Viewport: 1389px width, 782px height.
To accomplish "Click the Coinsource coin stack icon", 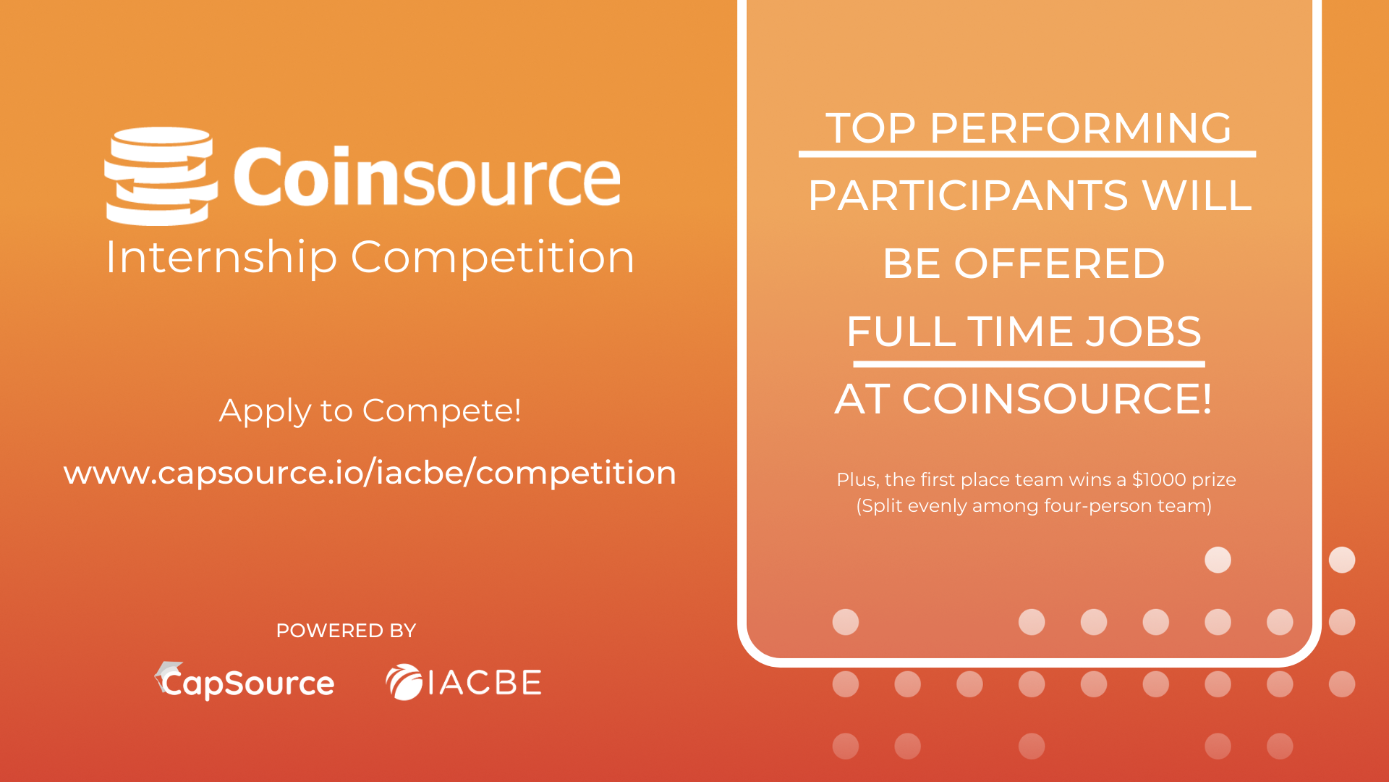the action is click(x=161, y=176).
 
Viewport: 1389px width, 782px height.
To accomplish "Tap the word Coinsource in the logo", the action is click(x=427, y=176).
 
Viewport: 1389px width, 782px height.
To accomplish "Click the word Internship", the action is click(x=221, y=258).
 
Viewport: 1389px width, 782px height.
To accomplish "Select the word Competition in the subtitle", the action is click(x=493, y=258).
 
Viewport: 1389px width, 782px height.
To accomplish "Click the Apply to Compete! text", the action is click(x=370, y=411).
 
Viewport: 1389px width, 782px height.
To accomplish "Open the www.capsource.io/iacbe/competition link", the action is click(x=370, y=473).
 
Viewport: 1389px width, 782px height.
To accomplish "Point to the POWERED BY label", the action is click(x=346, y=631).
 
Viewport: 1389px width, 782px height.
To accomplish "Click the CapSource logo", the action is click(x=245, y=681).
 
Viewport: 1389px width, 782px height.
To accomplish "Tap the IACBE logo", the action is click(x=464, y=682).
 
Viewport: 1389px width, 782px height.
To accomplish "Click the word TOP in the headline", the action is click(x=871, y=128).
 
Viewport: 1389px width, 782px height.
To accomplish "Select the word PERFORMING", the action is click(x=1080, y=128).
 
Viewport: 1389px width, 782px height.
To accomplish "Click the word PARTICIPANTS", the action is click(x=968, y=195).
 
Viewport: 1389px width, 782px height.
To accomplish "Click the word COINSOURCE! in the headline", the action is click(x=1057, y=399).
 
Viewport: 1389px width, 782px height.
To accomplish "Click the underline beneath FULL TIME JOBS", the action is click(x=1029, y=364).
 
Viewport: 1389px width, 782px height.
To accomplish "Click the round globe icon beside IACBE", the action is click(x=404, y=682).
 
